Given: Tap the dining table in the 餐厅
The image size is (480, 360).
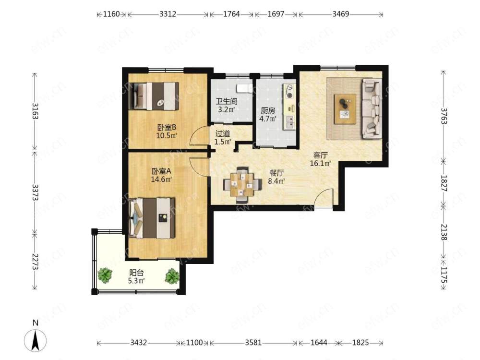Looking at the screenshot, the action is tap(242, 185).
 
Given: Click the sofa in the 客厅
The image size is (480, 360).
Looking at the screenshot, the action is tap(372, 108).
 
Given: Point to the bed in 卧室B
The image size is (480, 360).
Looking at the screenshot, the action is tap(156, 96).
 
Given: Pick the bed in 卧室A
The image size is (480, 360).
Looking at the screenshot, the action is tap(152, 218).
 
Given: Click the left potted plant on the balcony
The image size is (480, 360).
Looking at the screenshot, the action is tap(105, 275).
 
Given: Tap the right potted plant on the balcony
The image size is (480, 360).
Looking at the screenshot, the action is tap(172, 276).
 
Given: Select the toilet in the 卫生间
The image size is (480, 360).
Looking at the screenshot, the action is tap(244, 88).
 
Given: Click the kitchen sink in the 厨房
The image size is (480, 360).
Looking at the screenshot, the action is tap(289, 121).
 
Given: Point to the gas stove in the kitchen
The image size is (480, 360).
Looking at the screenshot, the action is tap(289, 91).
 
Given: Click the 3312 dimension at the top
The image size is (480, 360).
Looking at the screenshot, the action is tap(168, 14).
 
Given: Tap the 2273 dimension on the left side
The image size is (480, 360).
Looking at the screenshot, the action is tap(35, 262).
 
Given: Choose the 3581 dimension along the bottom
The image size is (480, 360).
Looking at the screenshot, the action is tap(253, 343).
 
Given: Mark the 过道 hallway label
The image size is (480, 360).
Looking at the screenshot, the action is tap(223, 134).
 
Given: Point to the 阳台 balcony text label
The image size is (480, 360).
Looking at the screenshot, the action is tap(136, 273).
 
